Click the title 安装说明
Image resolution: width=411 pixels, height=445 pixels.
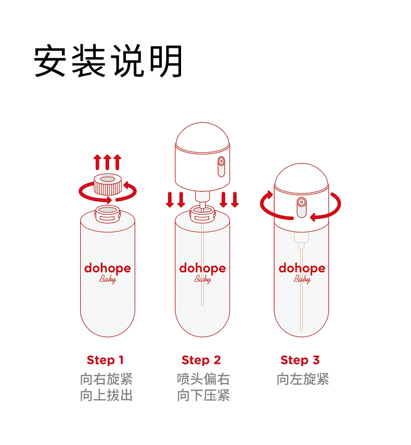click(108, 61)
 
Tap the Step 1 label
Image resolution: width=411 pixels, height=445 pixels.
click(105, 360)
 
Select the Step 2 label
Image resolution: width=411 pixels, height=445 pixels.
click(201, 360)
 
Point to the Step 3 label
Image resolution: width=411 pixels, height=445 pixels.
click(300, 360)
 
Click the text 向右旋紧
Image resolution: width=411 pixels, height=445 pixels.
click(106, 379)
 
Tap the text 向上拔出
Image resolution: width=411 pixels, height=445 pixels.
click(106, 395)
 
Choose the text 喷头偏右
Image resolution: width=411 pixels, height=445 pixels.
click(203, 379)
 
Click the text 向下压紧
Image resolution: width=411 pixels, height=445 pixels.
click(203, 395)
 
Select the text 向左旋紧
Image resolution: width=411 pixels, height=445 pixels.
click(303, 379)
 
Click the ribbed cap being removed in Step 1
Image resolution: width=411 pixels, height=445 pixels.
click(108, 184)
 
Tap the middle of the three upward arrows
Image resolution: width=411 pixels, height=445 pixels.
click(107, 162)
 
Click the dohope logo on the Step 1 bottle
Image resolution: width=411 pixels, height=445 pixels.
click(108, 268)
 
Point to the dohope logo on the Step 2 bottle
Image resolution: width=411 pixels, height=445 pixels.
click(202, 268)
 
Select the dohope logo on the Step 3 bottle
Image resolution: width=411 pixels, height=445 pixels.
click(302, 268)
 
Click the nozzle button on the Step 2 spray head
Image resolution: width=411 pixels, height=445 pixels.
click(221, 166)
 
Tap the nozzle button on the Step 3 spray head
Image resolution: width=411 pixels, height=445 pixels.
click(301, 207)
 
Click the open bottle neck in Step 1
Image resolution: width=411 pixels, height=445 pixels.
click(108, 214)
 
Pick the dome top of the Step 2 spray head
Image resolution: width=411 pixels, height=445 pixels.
click(202, 137)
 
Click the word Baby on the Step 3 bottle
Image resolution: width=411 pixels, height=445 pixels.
click(302, 279)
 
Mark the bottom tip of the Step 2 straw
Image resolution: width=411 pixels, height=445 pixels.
click(202, 305)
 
